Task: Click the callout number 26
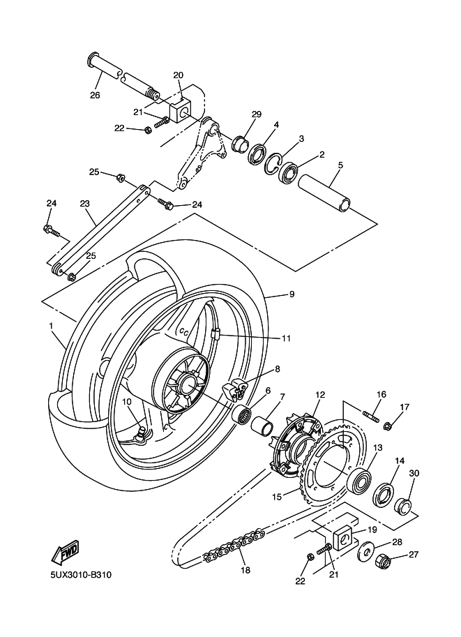(95, 95)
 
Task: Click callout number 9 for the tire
(292, 294)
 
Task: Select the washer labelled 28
(363, 554)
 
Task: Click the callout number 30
(414, 473)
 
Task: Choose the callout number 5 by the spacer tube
(340, 165)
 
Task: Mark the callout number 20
(178, 75)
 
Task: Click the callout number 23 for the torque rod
(85, 204)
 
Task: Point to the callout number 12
(320, 395)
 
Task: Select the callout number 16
(381, 394)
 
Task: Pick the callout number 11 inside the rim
(286, 338)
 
